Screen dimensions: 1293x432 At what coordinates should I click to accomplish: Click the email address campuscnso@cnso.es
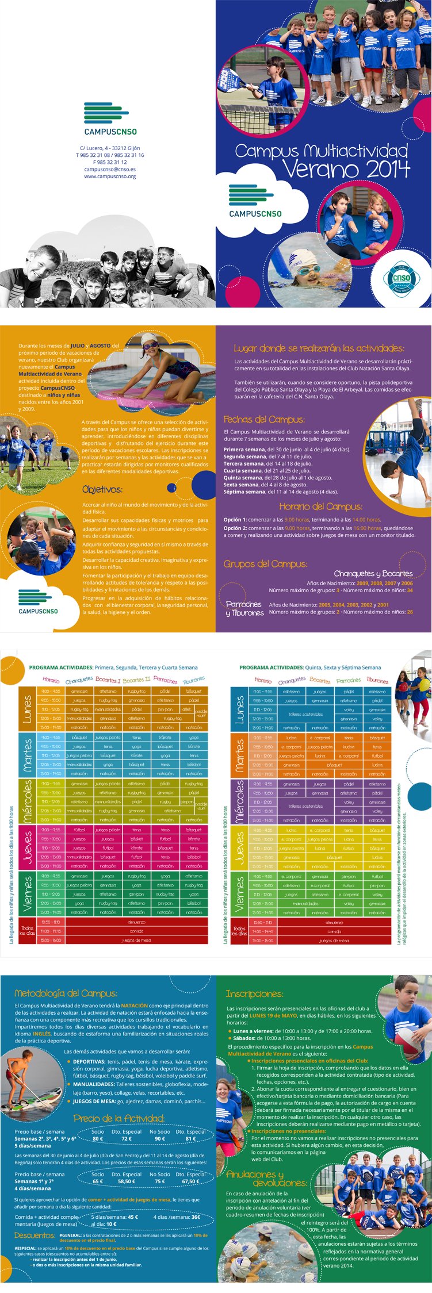point(110,170)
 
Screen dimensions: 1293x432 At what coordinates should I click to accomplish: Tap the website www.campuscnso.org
point(110,177)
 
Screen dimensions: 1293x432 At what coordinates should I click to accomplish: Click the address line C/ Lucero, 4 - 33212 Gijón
point(110,148)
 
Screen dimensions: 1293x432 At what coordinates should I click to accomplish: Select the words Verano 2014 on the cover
point(346,170)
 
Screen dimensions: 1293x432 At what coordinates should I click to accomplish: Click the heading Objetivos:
point(102,490)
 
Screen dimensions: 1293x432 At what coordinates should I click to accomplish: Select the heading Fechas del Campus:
point(264,420)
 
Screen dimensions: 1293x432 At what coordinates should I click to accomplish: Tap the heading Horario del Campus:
point(320,507)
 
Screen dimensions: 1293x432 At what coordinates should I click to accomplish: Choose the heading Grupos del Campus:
point(265,564)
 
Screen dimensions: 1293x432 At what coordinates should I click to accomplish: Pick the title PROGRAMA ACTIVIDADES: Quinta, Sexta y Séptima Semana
point(310,667)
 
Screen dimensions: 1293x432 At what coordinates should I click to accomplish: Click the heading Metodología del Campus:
point(66,993)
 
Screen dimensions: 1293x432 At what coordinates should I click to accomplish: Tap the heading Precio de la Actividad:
point(119,1118)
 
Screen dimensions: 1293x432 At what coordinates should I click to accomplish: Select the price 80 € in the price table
point(98,1138)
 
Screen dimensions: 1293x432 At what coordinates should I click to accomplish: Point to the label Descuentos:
point(35,1235)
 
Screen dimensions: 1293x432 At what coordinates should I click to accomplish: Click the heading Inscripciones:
point(254,994)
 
